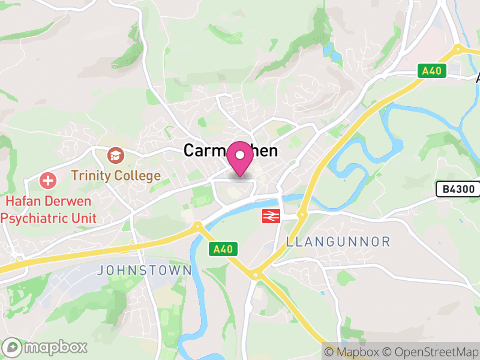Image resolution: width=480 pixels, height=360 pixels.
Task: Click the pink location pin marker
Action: pyautogui.click(x=241, y=158)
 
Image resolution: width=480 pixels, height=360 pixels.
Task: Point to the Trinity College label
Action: pyautogui.click(x=116, y=176)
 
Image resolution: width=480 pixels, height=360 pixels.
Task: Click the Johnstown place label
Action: pyautogui.click(x=144, y=271)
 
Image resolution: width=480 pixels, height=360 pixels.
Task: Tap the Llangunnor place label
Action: pyautogui.click(x=338, y=242)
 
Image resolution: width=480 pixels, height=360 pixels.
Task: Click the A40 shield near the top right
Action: pyautogui.click(x=431, y=71)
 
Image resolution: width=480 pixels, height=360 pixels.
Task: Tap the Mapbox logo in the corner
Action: pyautogui.click(x=46, y=347)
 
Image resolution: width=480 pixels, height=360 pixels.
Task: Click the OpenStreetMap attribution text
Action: pyautogui.click(x=429, y=352)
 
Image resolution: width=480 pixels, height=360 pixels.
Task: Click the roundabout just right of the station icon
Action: pyautogui.click(x=302, y=214)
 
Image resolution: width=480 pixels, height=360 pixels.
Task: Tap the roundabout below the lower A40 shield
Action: pyautogui.click(x=256, y=275)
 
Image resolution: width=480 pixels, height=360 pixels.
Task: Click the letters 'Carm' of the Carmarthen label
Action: pyautogui.click(x=203, y=151)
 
